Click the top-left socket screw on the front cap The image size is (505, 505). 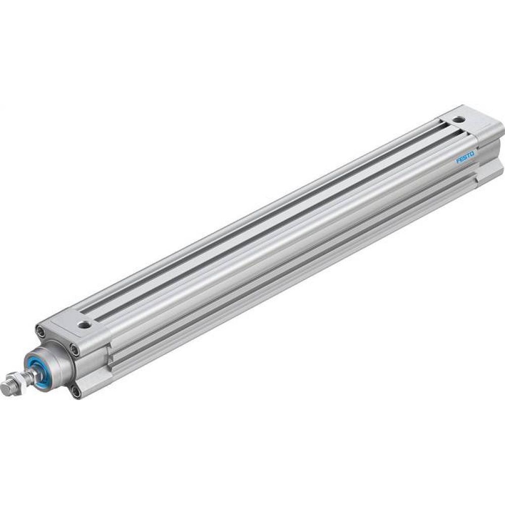pyautogui.click(x=40, y=331)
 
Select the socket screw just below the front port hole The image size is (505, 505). pyautogui.click(x=74, y=348)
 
